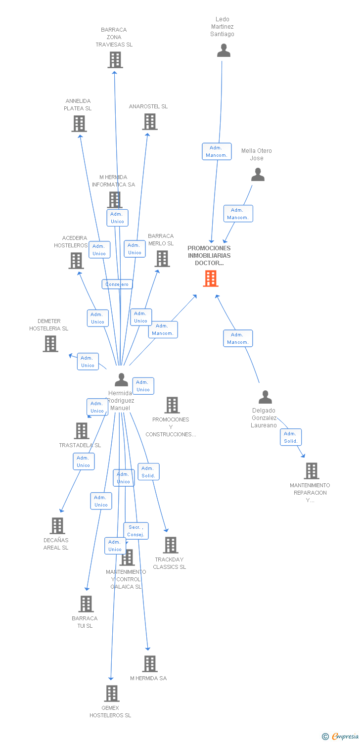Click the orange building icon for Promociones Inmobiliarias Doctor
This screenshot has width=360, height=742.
(x=211, y=278)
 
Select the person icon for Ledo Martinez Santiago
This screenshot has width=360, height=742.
(x=224, y=50)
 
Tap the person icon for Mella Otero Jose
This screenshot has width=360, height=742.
(x=258, y=175)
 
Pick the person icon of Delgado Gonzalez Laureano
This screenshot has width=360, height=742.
(x=266, y=397)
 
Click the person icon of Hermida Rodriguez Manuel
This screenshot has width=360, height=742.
(x=121, y=380)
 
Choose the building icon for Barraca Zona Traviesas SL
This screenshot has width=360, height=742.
(x=115, y=60)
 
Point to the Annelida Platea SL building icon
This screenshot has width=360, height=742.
(x=79, y=124)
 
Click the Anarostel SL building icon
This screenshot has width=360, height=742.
(x=150, y=122)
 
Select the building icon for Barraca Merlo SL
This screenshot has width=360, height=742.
(x=162, y=259)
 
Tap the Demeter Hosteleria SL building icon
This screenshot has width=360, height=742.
(x=50, y=344)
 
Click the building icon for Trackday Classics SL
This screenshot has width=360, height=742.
(x=171, y=545)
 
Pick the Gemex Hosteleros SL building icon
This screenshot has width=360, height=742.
(x=112, y=694)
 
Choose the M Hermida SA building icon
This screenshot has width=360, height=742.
(x=150, y=664)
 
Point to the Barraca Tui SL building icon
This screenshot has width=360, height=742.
(x=86, y=604)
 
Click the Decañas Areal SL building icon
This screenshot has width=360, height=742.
(x=57, y=526)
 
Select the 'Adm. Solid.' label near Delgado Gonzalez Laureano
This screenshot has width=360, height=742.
(x=290, y=437)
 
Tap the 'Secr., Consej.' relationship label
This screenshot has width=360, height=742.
(x=135, y=531)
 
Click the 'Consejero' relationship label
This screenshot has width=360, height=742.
(x=117, y=284)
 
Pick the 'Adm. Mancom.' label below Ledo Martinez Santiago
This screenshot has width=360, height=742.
(x=217, y=151)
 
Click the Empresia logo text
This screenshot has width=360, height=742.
(x=345, y=737)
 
